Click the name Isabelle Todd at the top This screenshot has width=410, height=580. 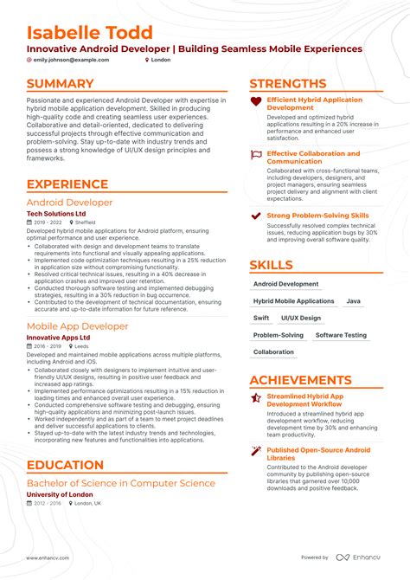point(90,32)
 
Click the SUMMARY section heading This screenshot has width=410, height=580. point(60,84)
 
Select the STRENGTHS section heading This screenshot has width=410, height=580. point(287,84)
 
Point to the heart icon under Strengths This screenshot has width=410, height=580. point(256,102)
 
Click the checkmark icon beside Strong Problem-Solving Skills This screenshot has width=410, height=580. point(256,216)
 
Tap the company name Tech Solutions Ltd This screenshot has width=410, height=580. point(56,213)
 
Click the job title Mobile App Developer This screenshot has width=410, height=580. point(77,326)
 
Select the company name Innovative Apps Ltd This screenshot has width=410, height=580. point(59,338)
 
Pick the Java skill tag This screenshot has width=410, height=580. point(353,301)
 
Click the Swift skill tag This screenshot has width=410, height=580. point(262,318)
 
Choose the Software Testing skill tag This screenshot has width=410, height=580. point(341,335)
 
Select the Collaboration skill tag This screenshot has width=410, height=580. point(273,352)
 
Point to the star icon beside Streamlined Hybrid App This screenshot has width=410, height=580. point(256,398)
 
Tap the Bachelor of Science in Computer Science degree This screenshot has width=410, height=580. point(120,482)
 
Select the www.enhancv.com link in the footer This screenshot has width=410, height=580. point(51,557)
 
